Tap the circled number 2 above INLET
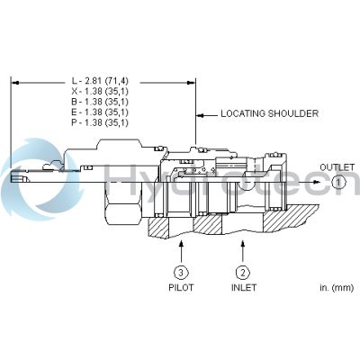[242, 273]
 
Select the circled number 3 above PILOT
[182, 273]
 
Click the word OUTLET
[316, 167]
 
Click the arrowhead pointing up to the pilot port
[182, 241]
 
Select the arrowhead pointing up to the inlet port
[242, 241]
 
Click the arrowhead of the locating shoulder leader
[199, 115]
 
